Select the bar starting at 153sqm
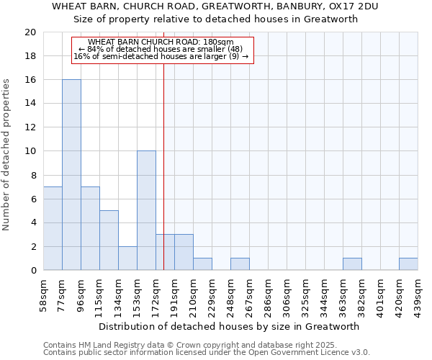coord(146,211)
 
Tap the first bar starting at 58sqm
coord(53,228)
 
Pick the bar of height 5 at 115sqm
coord(109,240)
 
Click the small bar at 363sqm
coord(352,264)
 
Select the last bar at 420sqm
coord(408,264)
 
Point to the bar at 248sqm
coord(240,264)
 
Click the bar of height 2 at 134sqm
coord(127,258)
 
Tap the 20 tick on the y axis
coord(30,32)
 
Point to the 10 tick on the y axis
coord(30,151)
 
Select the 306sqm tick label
coord(287,294)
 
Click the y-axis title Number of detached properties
coord(6,154)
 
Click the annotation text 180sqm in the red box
coord(163,42)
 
